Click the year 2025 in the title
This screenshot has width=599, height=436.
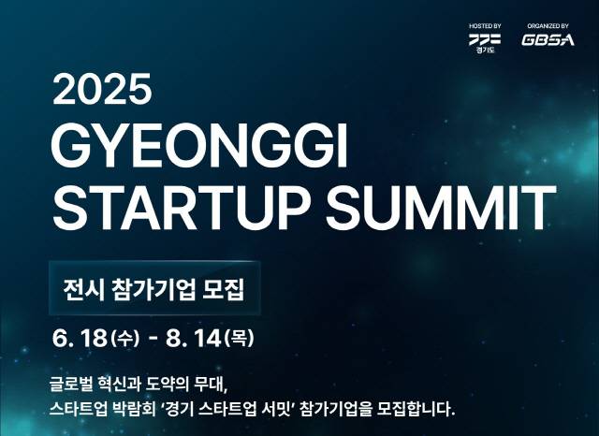click(102, 90)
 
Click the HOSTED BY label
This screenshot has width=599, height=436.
click(485, 25)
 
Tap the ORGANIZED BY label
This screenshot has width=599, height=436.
click(548, 25)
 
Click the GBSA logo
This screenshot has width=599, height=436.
click(548, 41)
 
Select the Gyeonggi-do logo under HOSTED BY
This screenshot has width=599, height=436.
click(485, 39)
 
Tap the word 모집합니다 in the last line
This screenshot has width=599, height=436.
click(413, 409)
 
